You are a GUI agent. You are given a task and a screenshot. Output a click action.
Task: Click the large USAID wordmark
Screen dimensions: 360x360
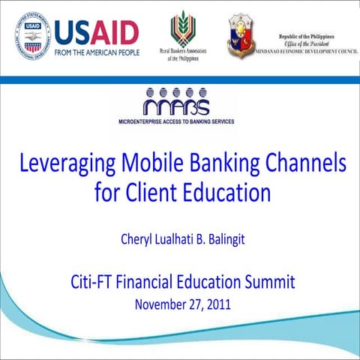point(95,31)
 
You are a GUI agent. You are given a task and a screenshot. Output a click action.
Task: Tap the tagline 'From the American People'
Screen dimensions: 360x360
point(96,54)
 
